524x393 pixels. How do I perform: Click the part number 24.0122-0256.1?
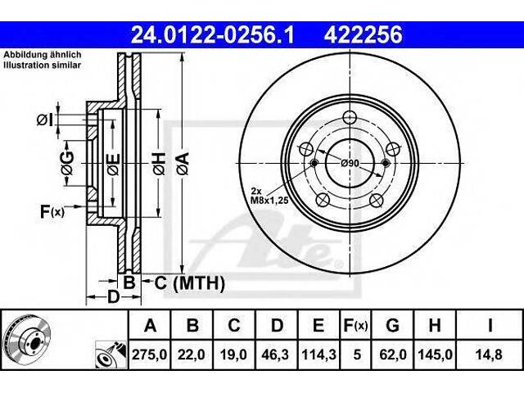click(x=212, y=35)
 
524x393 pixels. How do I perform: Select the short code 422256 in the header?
click(x=363, y=35)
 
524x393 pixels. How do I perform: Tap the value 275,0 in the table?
click(x=149, y=355)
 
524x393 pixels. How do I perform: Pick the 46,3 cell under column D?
click(x=276, y=355)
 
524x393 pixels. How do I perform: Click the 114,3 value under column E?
click(x=318, y=355)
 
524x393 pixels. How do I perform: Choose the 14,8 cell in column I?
click(x=490, y=355)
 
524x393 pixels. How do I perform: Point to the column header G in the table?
click(x=392, y=325)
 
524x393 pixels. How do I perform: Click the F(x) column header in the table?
click(x=355, y=325)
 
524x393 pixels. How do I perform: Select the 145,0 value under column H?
click(x=435, y=355)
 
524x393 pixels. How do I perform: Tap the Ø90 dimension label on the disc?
click(x=350, y=164)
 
